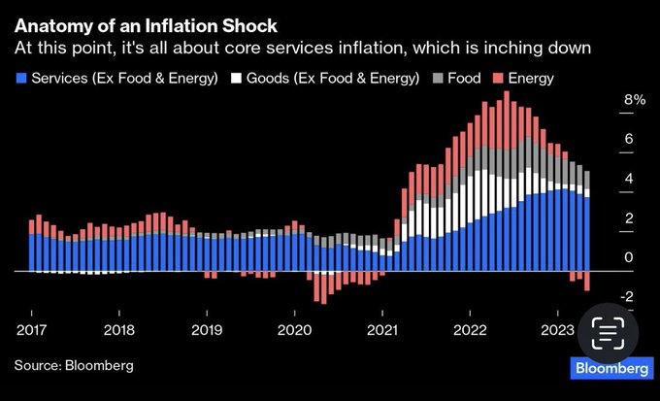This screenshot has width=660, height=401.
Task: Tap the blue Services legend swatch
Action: pos(22,77)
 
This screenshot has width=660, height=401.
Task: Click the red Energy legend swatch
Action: pos(498,77)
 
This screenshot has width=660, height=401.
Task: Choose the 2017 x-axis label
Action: pos(31,330)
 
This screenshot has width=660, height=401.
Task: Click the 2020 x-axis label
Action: pos(294,330)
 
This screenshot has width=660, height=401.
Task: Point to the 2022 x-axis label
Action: pos(470,330)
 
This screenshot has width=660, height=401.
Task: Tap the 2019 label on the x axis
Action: pos(207,330)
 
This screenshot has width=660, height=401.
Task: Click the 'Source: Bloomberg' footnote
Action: pos(74,365)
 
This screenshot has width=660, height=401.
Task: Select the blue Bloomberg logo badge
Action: pos(611,368)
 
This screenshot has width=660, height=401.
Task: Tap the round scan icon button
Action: pos(607,332)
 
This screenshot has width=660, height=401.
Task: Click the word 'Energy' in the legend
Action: pos(531,77)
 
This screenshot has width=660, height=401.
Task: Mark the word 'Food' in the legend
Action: pos(464,77)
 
